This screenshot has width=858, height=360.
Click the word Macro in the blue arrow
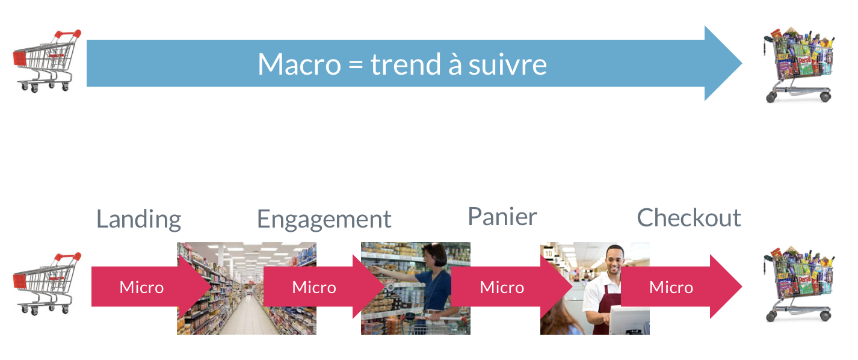(299, 64)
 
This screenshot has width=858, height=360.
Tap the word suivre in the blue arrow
(508, 64)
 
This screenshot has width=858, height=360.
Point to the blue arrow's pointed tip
(741, 63)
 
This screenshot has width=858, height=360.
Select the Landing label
(138, 220)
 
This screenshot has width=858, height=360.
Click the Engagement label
(324, 220)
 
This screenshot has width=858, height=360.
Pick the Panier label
(502, 217)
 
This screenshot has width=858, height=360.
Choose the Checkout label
(689, 218)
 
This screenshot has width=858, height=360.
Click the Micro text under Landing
(141, 287)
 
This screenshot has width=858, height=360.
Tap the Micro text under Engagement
(314, 287)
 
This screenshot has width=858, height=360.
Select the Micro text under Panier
(502, 287)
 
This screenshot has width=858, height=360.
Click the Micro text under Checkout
(671, 287)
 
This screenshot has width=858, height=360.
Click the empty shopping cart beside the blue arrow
(47, 61)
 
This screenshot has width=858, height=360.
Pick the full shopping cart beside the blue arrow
(799, 64)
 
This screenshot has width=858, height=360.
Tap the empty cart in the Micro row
(47, 284)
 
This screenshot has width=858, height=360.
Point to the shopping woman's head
(435, 255)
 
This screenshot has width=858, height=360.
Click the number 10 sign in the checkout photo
(549, 253)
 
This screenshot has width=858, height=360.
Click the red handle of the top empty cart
(68, 34)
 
